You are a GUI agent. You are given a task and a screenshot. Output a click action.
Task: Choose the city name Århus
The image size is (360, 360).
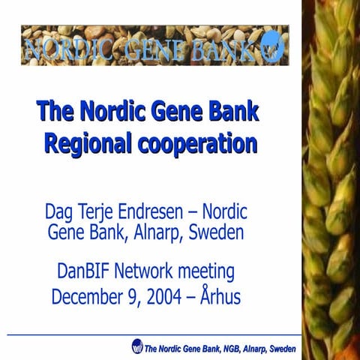[x=220, y=296]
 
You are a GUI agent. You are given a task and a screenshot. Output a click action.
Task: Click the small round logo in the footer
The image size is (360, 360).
[x=137, y=346]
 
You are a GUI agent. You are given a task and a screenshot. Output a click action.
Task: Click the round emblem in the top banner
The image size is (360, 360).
[x=273, y=47]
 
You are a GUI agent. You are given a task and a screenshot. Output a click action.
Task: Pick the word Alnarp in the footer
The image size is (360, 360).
[x=252, y=349]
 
